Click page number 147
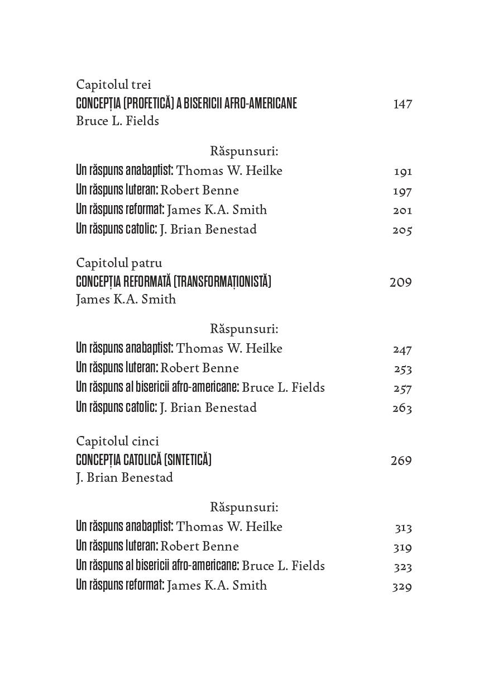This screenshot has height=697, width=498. coord(402,104)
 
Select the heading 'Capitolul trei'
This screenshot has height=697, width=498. coord(113,85)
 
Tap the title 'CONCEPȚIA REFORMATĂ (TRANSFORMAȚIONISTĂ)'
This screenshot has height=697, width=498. coord(173,282)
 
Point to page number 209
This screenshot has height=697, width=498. coord(400,282)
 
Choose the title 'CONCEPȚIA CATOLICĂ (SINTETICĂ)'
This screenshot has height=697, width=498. coord(143,460)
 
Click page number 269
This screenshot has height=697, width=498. coord(401,461)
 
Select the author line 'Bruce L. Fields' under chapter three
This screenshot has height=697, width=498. coord(117,121)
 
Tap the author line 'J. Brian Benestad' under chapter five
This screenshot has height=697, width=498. coord(124,478)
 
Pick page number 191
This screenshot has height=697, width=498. coord(403,172)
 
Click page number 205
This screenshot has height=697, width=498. coord(402,230)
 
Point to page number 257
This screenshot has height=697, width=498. coord(402,388)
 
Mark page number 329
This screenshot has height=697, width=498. coord(402,586)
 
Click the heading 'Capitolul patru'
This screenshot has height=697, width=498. coord(119,263)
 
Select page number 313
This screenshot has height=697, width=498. coord(403,528)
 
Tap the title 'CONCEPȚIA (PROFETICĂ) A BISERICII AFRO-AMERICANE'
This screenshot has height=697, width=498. coord(186,103)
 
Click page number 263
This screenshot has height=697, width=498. coord(402,408)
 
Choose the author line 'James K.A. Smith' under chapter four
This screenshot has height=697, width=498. coord(126,300)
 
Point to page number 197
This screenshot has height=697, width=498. coord(403,191)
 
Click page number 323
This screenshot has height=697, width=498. coord(403,567)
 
